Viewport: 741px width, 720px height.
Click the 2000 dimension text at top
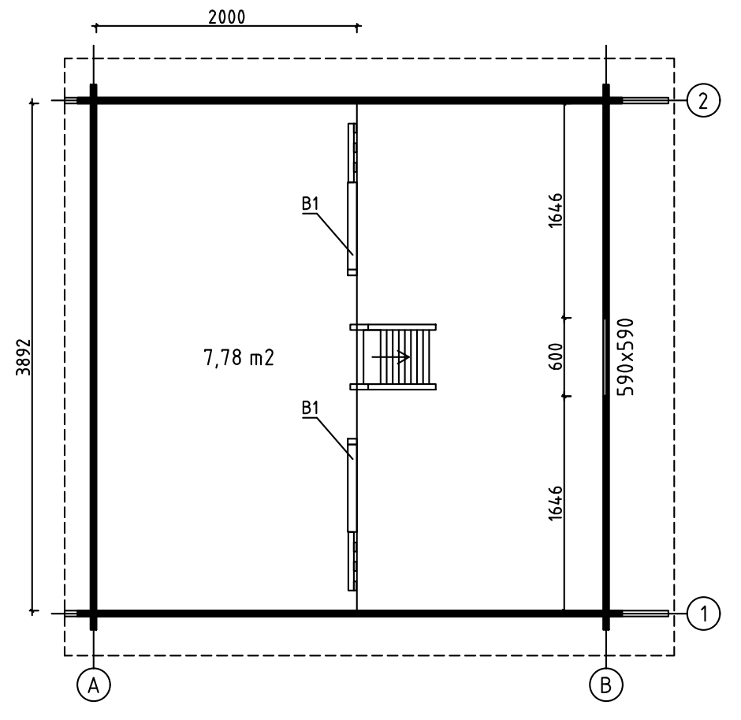[227, 17]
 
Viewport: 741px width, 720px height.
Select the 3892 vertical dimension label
[24, 357]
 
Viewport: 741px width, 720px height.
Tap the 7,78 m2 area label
[239, 358]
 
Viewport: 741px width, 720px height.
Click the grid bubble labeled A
[94, 685]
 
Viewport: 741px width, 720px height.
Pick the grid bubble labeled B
[606, 685]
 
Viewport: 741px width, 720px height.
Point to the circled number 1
[704, 614]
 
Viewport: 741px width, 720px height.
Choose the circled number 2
[704, 101]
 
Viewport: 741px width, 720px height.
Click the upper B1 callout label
[311, 203]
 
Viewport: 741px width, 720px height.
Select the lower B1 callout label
[311, 408]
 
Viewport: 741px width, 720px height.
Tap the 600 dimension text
[557, 356]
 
